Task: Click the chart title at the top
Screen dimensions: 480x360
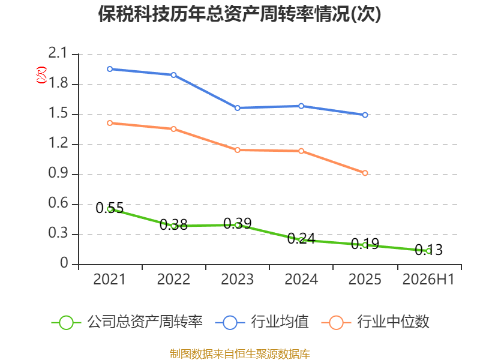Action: click(x=239, y=14)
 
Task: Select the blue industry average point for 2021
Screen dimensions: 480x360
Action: click(x=110, y=69)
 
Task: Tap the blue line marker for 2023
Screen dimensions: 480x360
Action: click(x=237, y=108)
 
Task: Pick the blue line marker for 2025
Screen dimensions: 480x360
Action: click(x=365, y=115)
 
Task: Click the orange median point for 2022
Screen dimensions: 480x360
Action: click(x=173, y=129)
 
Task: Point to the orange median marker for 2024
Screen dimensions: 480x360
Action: click(x=301, y=151)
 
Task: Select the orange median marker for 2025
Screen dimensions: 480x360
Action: click(x=365, y=173)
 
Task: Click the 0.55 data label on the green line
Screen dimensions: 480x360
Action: click(x=110, y=208)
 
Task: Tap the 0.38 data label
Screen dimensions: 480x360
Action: click(x=173, y=225)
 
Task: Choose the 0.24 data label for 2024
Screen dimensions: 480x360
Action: click(x=301, y=239)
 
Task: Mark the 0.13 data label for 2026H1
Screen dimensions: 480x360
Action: click(x=429, y=250)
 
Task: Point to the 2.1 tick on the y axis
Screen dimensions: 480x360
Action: click(x=58, y=53)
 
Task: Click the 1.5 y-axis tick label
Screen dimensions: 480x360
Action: click(x=58, y=113)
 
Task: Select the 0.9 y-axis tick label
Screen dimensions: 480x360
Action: click(x=58, y=173)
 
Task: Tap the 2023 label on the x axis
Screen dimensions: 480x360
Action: click(x=237, y=280)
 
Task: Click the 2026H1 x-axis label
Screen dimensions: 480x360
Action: click(x=428, y=280)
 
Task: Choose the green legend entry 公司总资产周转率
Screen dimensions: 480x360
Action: click(x=127, y=322)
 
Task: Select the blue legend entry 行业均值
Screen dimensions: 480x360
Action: click(x=262, y=322)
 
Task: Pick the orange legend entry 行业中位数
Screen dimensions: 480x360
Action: click(x=376, y=322)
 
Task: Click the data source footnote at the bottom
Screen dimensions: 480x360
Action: click(x=240, y=354)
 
